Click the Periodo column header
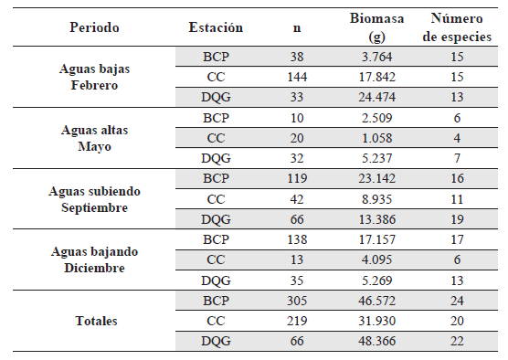(x=94, y=27)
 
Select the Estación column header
(x=216, y=27)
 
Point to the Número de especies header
(x=456, y=27)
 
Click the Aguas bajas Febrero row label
(x=94, y=77)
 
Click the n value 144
(x=297, y=77)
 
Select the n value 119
(x=297, y=177)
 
